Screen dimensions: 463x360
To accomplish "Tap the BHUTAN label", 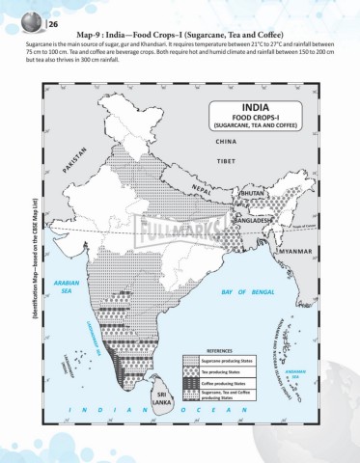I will [x=250, y=193].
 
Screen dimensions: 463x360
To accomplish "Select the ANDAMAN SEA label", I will [x=322, y=373].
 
